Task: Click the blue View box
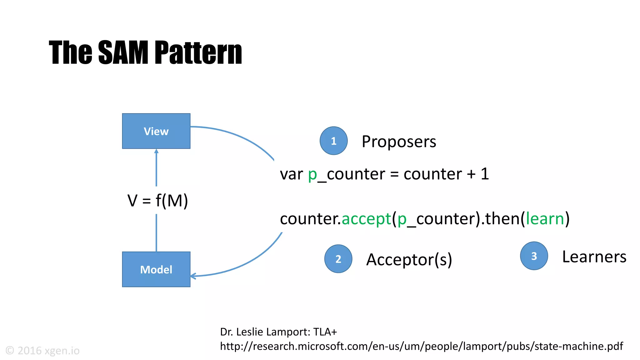(x=156, y=131)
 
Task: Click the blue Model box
(x=156, y=269)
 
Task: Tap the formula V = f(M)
(x=157, y=200)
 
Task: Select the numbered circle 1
(x=333, y=141)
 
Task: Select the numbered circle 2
(x=338, y=259)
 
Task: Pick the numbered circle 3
(x=534, y=256)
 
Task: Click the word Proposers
(x=398, y=142)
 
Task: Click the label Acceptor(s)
(x=409, y=259)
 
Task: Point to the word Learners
(x=594, y=257)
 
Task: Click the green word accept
(x=366, y=218)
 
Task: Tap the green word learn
(x=545, y=218)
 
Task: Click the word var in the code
(x=291, y=174)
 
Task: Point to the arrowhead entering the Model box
(x=192, y=276)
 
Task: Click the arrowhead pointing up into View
(x=156, y=152)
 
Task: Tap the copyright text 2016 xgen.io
(x=43, y=351)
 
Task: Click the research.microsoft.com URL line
(x=421, y=346)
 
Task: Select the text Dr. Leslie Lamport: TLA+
(x=278, y=332)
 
